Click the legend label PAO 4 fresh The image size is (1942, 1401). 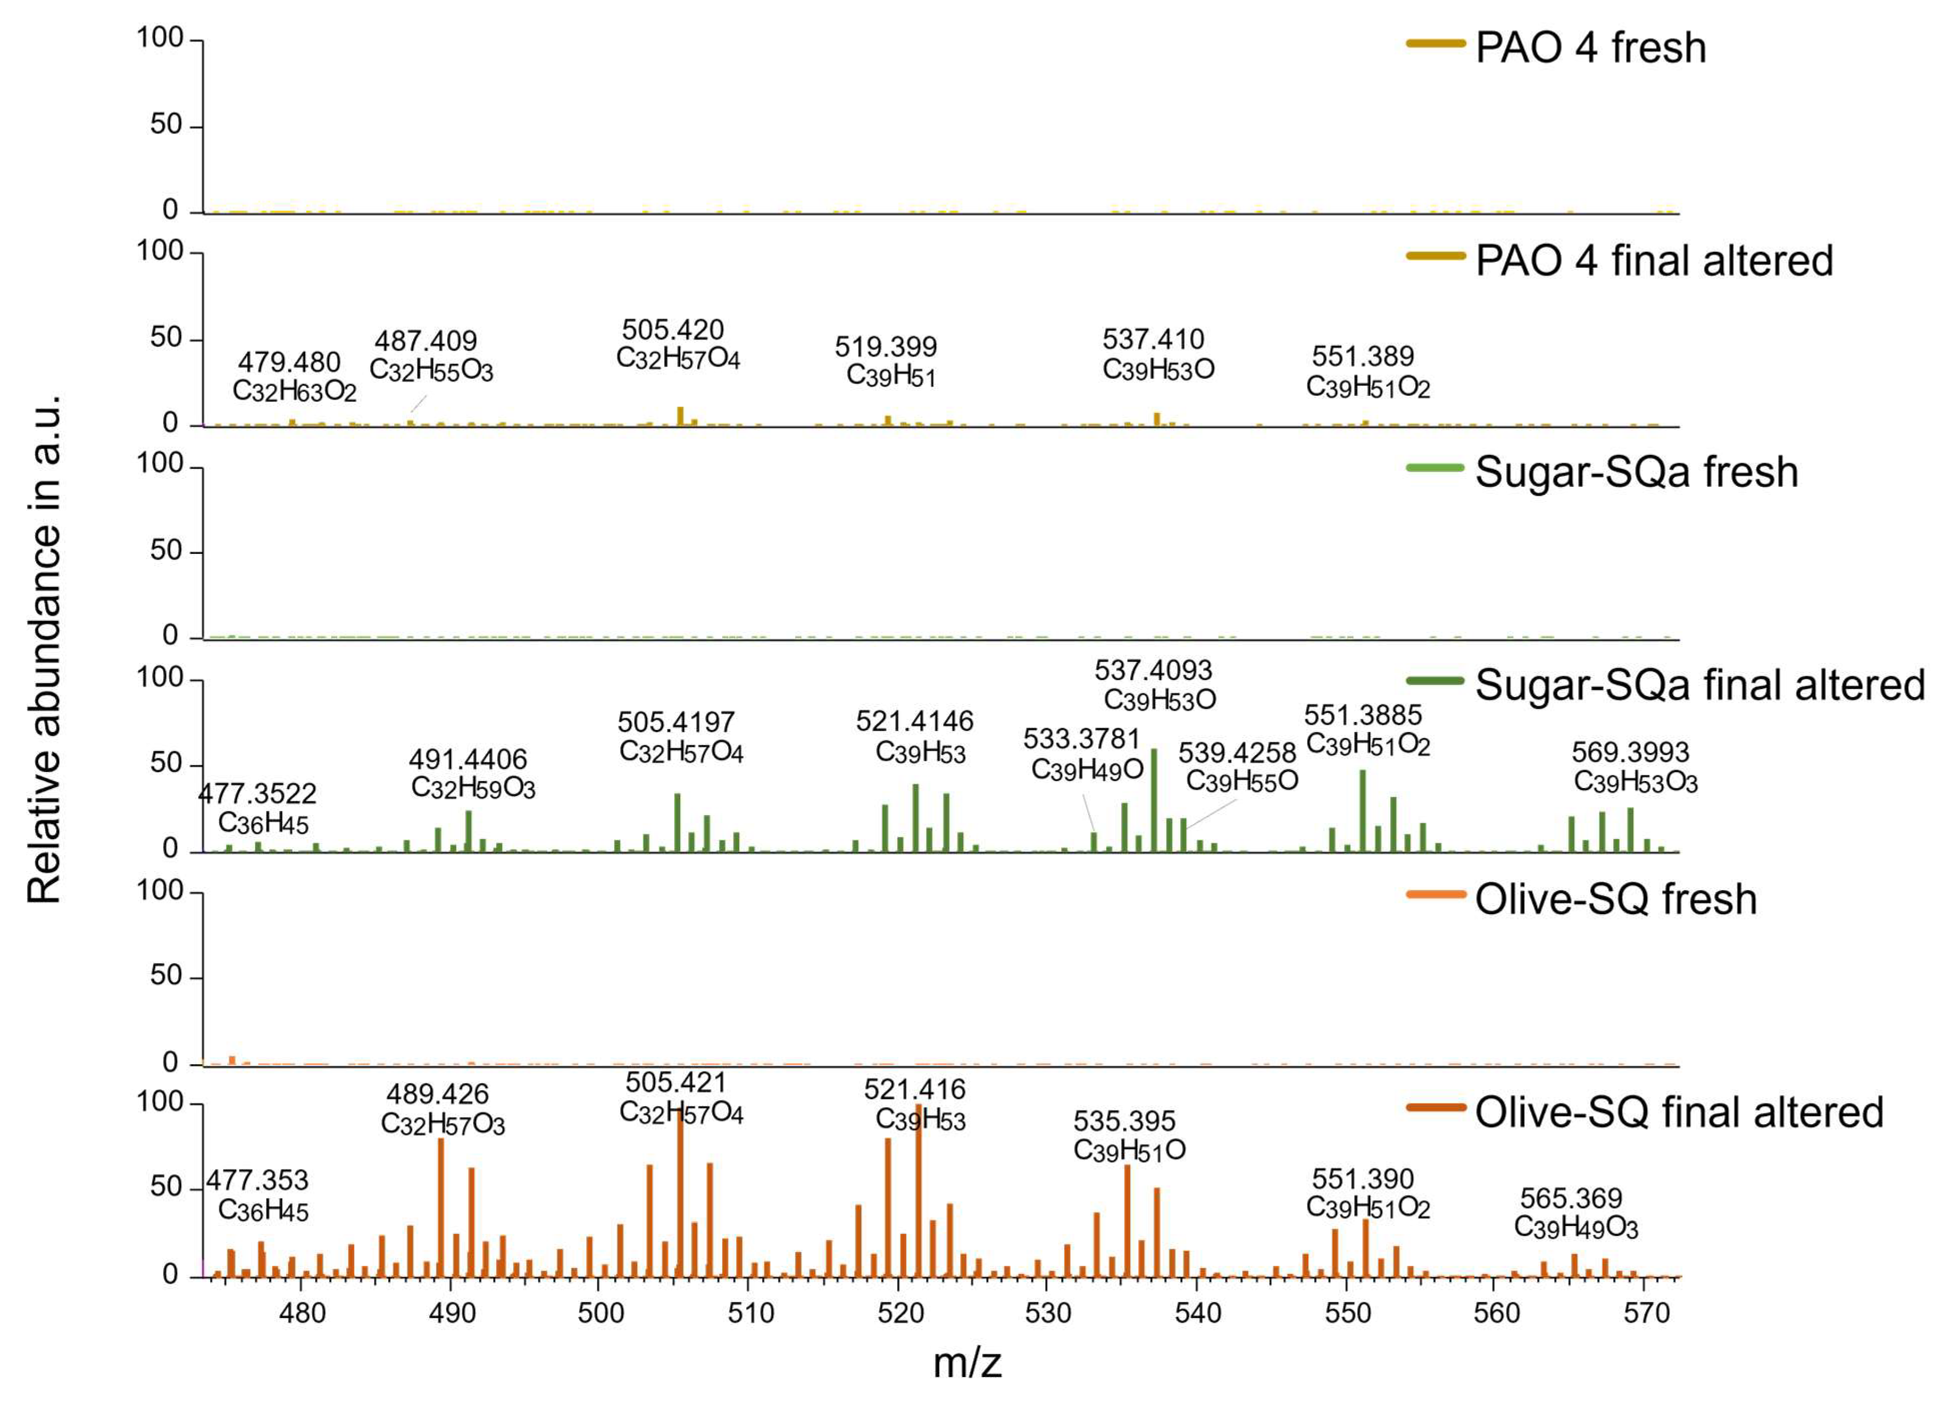click(1590, 47)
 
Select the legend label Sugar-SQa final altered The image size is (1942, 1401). click(1699, 685)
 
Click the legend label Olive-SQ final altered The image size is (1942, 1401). click(1679, 1113)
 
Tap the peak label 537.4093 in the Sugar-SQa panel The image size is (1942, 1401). click(1153, 670)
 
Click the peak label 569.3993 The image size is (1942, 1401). click(1630, 752)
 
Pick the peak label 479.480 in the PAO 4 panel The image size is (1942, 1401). click(289, 362)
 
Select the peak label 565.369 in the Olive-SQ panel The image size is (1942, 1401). click(1571, 1197)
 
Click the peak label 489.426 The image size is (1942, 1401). click(438, 1093)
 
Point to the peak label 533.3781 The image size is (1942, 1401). click(1081, 738)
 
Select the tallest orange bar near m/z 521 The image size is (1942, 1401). click(918, 1190)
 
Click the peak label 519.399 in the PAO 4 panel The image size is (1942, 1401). click(886, 347)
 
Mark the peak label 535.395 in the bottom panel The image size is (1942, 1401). click(1125, 1121)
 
